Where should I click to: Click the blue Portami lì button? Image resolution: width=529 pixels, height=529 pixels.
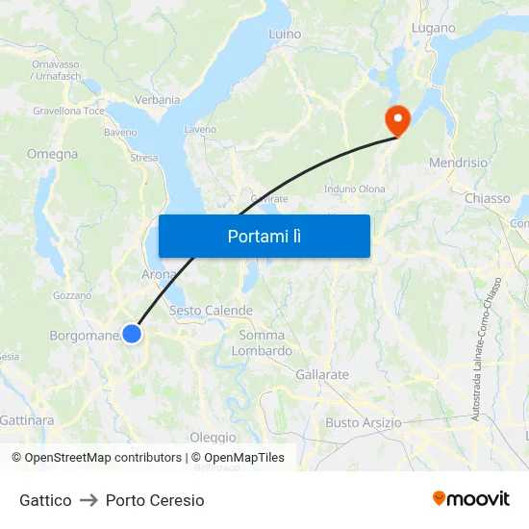pos(264,236)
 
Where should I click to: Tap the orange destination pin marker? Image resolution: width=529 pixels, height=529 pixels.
pos(396,119)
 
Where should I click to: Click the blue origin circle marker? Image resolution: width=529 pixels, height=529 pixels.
pos(132,334)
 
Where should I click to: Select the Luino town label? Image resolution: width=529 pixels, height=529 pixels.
pos(285,34)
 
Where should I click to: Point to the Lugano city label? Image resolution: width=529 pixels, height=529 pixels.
pos(433,28)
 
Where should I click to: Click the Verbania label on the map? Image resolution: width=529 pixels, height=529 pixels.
pos(158,99)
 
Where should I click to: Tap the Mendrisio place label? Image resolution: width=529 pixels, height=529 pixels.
pos(458,163)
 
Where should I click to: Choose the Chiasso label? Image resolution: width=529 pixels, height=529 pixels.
pos(487,198)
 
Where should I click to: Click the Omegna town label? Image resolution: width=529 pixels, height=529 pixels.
pos(53,154)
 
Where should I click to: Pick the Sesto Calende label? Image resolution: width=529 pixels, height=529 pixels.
pos(211,311)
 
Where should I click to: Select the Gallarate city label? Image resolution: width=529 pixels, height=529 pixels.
pos(323,374)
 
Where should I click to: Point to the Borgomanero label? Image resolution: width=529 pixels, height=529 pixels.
pos(84,336)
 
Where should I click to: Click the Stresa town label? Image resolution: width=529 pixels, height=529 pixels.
pos(143,158)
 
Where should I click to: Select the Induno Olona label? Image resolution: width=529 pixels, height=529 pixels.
pos(355,189)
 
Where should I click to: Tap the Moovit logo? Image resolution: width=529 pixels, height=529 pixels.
pos(471,499)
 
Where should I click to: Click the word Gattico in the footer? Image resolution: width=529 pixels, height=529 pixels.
pos(45,500)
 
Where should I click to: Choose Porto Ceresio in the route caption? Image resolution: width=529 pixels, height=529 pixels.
pos(155,500)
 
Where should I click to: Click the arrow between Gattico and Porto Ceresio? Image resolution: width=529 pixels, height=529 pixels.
pos(88,500)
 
